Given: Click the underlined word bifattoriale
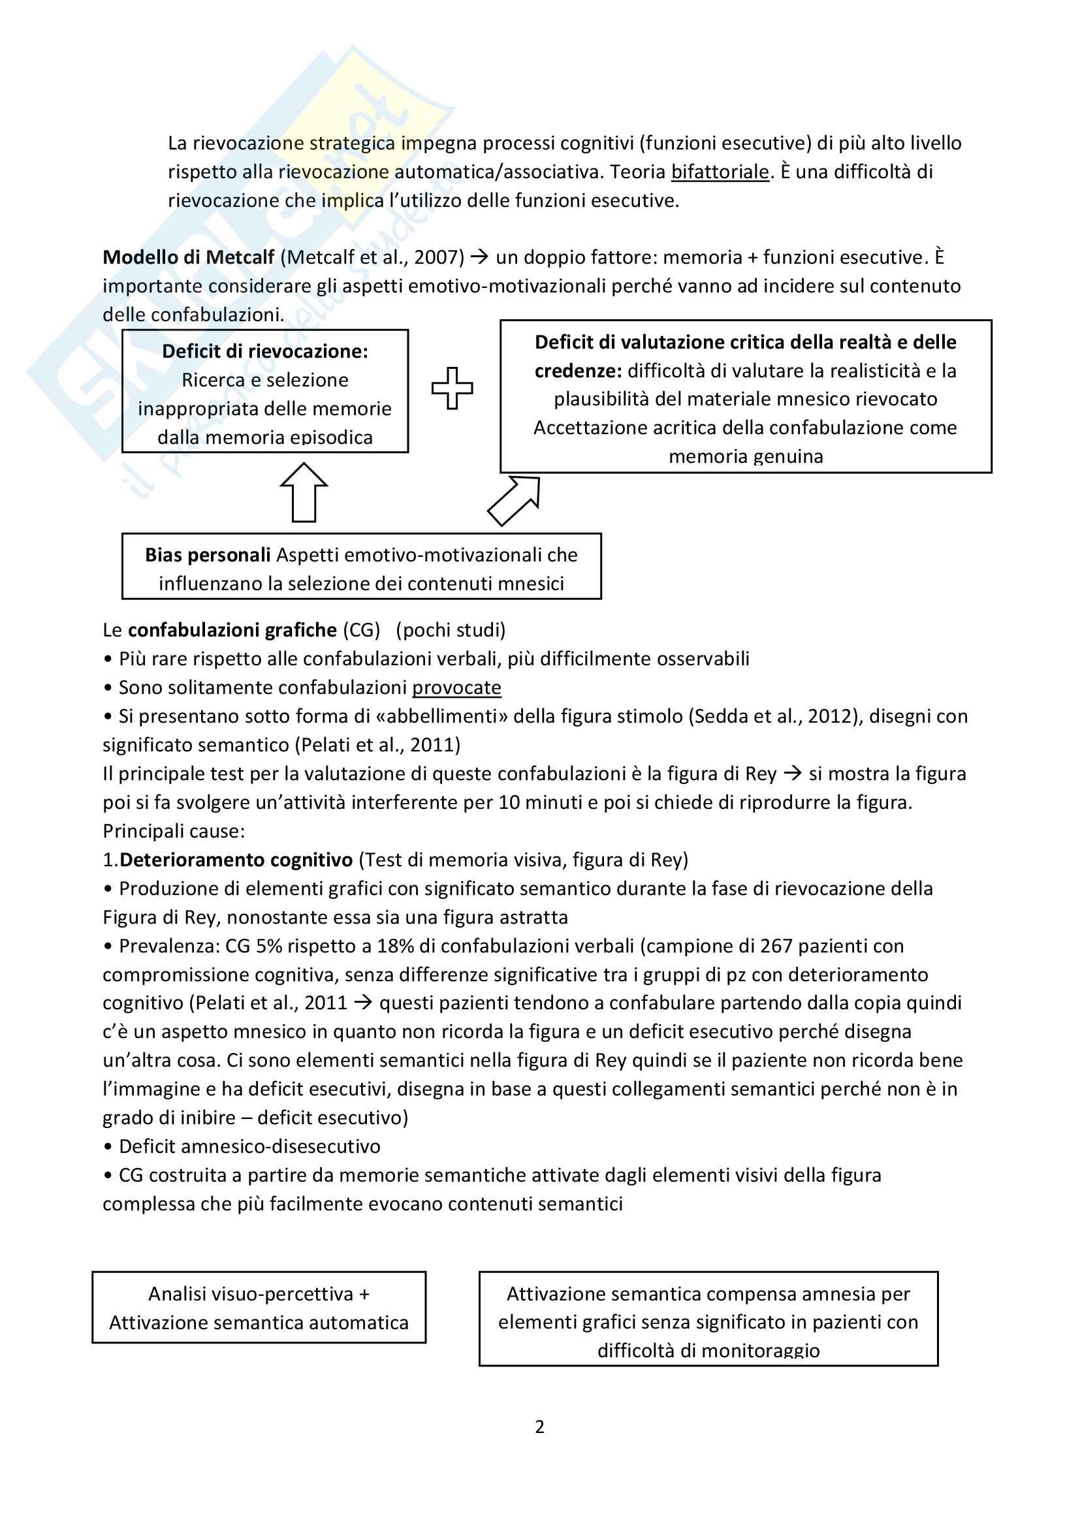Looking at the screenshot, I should [x=720, y=172].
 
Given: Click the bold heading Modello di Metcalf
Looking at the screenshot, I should [x=188, y=257].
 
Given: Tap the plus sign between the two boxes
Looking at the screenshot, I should [x=453, y=388].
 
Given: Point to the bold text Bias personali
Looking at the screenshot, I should [x=208, y=555].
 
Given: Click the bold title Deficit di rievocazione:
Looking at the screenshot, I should [x=264, y=351].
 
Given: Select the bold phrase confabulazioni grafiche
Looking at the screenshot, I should [x=232, y=630].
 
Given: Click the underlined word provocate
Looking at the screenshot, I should [x=456, y=687].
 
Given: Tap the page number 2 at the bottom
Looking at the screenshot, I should [x=539, y=1427].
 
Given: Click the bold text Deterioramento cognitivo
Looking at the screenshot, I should [x=236, y=860].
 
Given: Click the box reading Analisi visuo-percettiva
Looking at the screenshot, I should [x=259, y=1308].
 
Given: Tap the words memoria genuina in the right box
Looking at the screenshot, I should [x=746, y=456].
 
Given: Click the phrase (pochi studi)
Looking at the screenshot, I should [x=451, y=630].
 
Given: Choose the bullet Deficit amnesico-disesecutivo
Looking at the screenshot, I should [x=249, y=1146].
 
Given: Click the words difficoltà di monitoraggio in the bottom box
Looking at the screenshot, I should [x=708, y=1351].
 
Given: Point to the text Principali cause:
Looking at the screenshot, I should [x=174, y=831].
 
